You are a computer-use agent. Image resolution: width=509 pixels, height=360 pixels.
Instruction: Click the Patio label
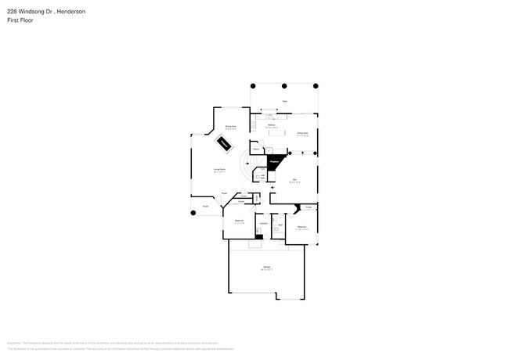point(284,101)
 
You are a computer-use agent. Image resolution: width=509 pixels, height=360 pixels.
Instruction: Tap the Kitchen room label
point(271,125)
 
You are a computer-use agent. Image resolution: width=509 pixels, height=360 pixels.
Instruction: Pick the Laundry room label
point(264,224)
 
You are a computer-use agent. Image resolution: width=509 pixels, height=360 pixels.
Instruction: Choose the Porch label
point(206,207)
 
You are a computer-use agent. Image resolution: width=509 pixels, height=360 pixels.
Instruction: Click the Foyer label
point(224,193)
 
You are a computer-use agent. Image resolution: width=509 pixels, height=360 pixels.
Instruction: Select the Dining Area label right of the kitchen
point(302,133)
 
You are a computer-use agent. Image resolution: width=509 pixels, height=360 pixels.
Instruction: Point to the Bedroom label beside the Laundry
point(240,221)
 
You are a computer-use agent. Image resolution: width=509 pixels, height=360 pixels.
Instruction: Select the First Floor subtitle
point(20,20)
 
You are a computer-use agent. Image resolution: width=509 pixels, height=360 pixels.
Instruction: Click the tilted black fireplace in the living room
point(225,143)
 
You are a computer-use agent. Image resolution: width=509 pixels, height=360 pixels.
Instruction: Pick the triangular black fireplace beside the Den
point(274,162)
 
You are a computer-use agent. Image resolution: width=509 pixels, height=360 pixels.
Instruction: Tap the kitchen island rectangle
point(277,133)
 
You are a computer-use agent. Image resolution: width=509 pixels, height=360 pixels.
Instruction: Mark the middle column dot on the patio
point(284,85)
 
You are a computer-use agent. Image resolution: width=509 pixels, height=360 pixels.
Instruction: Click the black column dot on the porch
point(193,213)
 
